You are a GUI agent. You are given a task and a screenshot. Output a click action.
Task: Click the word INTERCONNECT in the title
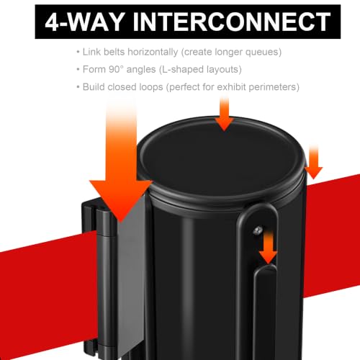[232, 22]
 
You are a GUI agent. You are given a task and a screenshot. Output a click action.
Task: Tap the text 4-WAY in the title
[85, 22]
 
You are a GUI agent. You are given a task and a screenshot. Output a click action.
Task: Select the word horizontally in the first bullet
[153, 52]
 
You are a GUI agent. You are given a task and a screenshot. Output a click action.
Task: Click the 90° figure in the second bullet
[116, 69]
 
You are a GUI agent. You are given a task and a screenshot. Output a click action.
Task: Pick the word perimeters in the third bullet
[274, 87]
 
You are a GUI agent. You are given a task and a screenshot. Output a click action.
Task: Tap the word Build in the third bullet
[94, 87]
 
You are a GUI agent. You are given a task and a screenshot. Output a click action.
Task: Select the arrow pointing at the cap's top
[224, 113]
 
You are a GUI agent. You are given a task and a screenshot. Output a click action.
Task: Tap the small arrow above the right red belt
[314, 162]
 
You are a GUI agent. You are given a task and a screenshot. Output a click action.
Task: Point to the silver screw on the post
[257, 230]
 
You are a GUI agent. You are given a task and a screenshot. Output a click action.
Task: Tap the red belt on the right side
[333, 236]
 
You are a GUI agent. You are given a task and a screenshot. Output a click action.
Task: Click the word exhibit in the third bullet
[231, 87]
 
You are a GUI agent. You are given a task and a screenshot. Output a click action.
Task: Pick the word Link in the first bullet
[91, 52]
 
